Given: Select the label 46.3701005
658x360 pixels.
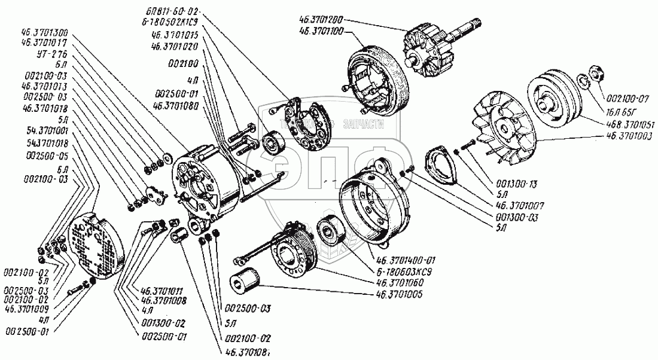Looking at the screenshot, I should tap(400, 294).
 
